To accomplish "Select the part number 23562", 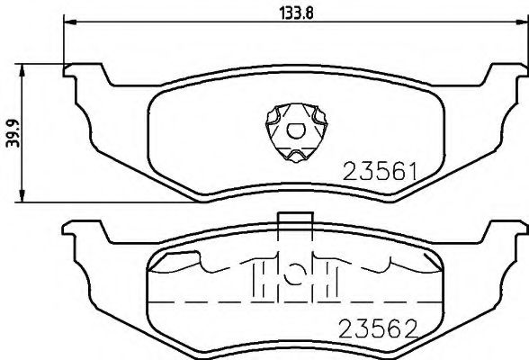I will [x=379, y=328].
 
